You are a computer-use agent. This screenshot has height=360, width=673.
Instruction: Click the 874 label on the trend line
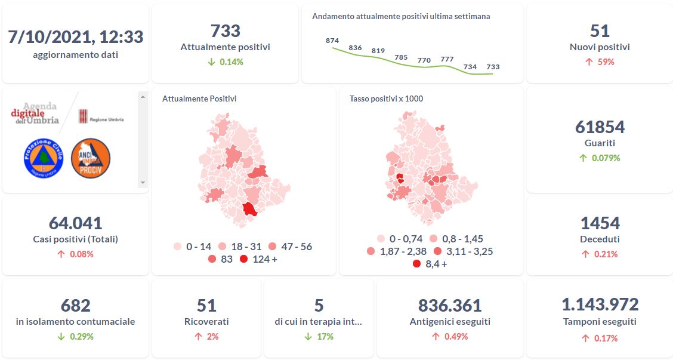(332, 41)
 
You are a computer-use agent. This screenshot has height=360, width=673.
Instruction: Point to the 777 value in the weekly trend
(447, 59)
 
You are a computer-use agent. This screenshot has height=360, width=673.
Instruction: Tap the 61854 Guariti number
(600, 127)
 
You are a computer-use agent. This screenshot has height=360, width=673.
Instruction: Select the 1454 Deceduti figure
(600, 223)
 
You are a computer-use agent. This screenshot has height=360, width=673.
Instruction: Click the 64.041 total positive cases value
(75, 223)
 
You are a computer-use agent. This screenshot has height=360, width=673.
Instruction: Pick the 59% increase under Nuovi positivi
(600, 61)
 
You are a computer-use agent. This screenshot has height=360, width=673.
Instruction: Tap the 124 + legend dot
(243, 259)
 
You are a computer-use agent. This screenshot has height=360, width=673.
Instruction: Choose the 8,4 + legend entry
(416, 264)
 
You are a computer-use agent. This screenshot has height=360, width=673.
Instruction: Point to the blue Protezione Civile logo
(44, 158)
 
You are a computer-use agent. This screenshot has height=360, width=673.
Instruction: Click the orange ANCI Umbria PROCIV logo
(91, 158)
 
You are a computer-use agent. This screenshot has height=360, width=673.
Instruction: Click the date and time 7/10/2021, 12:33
(75, 37)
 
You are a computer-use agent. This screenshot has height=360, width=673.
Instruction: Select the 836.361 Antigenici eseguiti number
(450, 306)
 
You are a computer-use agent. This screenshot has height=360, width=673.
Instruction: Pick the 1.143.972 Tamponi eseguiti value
(600, 304)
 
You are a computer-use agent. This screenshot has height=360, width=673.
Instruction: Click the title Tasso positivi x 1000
(386, 99)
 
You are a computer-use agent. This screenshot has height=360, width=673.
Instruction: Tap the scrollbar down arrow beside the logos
(142, 182)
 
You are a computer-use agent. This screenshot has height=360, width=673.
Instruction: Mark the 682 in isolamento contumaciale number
(75, 306)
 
